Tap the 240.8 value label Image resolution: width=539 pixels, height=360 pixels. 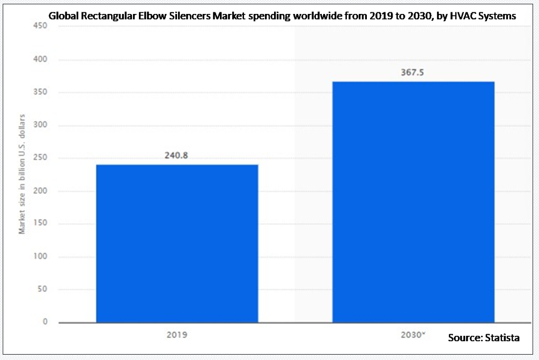click(x=177, y=156)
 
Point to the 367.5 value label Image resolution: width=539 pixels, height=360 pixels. click(x=413, y=73)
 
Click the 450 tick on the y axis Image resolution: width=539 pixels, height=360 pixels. click(x=41, y=27)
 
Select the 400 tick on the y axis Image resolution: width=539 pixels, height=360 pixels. click(x=41, y=60)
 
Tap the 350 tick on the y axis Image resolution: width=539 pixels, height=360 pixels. click(x=41, y=92)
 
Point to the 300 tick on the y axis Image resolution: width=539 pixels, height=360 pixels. click(x=41, y=125)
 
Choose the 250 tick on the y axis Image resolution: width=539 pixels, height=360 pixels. click(x=41, y=158)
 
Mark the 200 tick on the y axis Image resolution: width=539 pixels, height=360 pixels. click(x=41, y=191)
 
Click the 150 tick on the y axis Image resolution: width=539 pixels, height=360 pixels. click(x=41, y=224)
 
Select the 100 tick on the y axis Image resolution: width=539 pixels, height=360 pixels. click(x=41, y=256)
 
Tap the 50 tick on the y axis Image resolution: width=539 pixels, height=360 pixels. click(x=43, y=289)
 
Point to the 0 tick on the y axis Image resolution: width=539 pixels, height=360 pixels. click(x=45, y=322)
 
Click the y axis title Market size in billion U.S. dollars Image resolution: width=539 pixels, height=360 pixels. click(x=23, y=181)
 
